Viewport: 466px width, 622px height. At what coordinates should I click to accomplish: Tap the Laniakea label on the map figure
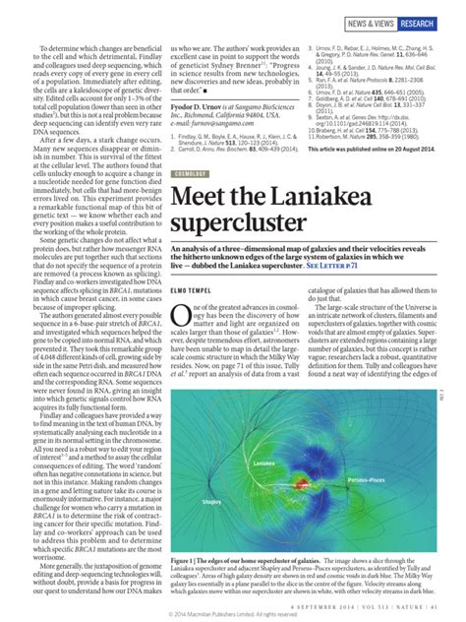263,461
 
